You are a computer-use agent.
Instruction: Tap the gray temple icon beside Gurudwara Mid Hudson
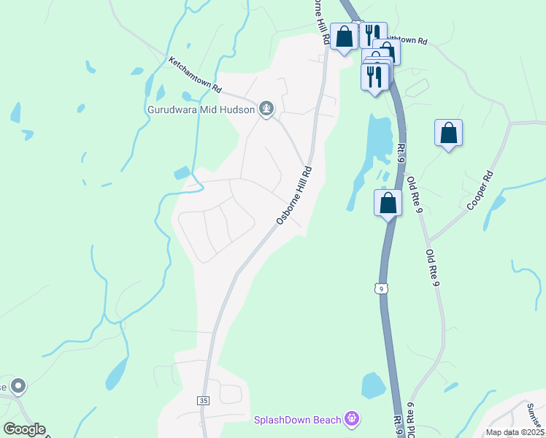click(x=266, y=109)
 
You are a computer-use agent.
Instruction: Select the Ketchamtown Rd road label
click(x=195, y=74)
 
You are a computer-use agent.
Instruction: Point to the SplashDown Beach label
click(x=297, y=419)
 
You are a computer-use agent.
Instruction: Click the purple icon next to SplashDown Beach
click(x=353, y=418)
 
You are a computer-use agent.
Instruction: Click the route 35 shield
click(x=203, y=401)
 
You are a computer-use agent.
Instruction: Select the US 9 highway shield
click(x=381, y=289)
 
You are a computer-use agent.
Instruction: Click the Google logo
click(x=24, y=429)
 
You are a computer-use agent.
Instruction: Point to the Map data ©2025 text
click(x=515, y=432)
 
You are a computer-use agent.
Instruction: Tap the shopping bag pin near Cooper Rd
click(x=448, y=134)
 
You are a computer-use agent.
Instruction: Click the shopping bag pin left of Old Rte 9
click(x=388, y=203)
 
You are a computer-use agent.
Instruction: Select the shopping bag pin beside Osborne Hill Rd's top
click(x=345, y=36)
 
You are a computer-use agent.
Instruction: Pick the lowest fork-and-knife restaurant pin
click(x=374, y=77)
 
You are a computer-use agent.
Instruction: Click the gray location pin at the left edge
click(x=18, y=385)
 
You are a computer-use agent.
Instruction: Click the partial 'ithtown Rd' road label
click(x=407, y=41)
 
